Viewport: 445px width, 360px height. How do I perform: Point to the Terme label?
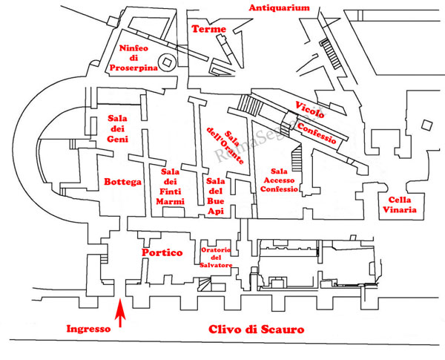(x=208, y=29)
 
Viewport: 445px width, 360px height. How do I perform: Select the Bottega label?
(x=122, y=182)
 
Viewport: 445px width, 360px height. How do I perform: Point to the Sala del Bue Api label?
(x=217, y=195)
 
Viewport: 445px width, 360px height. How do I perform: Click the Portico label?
(x=162, y=253)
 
